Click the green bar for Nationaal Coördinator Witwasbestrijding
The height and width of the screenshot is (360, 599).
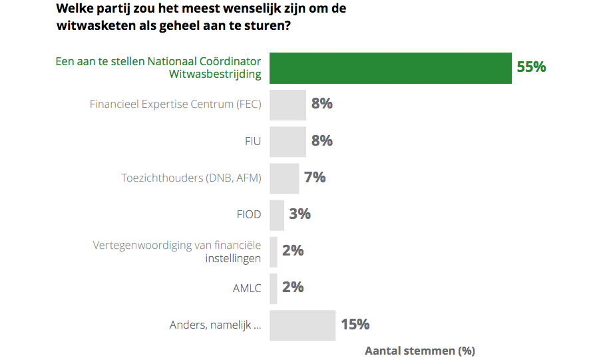[x=390, y=68]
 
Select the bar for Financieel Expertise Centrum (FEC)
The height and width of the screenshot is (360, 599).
[x=288, y=104]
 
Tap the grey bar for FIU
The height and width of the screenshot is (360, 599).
[x=288, y=141]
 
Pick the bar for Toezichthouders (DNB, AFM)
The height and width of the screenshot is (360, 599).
[x=284, y=178]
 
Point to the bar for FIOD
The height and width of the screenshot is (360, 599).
[x=277, y=214]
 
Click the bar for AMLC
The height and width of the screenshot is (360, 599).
[x=274, y=287]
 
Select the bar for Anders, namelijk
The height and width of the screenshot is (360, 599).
[x=302, y=325]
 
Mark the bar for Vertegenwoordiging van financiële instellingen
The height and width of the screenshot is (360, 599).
[x=274, y=251]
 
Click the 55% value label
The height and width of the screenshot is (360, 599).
[x=531, y=67]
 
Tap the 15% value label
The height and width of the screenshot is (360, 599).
[x=355, y=325]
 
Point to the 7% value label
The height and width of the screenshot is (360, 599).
[x=315, y=178]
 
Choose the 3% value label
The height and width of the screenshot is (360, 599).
[x=300, y=214]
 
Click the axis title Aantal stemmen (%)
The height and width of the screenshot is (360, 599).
[x=420, y=350]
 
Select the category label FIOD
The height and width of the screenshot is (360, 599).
[x=248, y=214]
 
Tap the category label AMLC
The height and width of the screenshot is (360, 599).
[x=247, y=287]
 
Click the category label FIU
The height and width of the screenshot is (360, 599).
[x=252, y=141]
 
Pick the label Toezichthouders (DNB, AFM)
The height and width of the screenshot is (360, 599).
[x=191, y=178]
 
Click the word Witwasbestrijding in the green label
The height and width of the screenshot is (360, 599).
[x=215, y=75]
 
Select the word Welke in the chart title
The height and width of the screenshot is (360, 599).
[x=73, y=9]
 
